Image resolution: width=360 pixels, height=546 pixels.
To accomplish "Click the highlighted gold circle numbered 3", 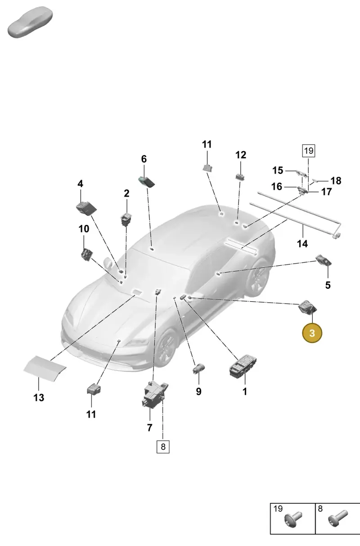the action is click(312, 333).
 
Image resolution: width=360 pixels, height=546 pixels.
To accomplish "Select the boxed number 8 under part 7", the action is click(163, 447).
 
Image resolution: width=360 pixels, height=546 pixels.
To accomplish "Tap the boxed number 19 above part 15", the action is click(309, 151).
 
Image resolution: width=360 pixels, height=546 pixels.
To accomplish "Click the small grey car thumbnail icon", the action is click(30, 22).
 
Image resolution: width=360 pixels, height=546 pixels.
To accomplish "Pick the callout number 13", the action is click(39, 398).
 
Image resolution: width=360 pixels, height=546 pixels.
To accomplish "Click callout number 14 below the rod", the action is click(302, 243).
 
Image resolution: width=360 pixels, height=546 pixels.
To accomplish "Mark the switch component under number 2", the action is click(126, 219).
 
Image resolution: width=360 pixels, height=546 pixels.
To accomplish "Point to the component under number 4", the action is click(86, 208).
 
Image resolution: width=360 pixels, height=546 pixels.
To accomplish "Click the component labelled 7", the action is click(154, 394).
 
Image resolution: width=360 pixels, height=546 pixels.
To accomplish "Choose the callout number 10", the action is click(84, 228).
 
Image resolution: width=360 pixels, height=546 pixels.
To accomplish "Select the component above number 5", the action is click(324, 260).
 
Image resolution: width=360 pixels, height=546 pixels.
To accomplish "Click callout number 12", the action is click(240, 155).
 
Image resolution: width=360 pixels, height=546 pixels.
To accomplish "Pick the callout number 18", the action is click(336, 181).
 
